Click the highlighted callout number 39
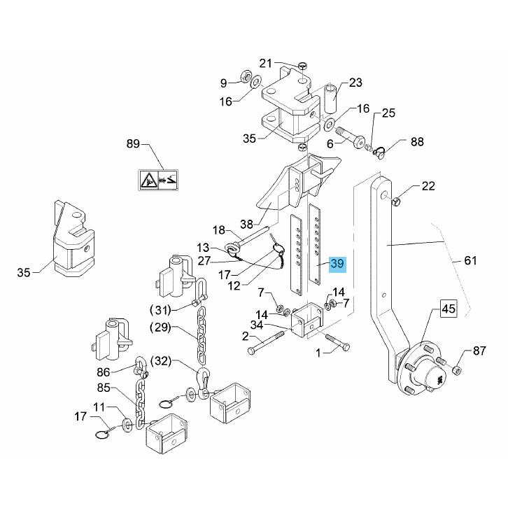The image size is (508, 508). [338, 264]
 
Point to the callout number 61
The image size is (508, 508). [470, 261]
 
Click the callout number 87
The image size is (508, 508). [479, 351]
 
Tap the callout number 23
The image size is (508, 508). [355, 83]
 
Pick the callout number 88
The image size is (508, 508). [417, 142]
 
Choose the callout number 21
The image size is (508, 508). [266, 64]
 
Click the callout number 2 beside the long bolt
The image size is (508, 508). [246, 336]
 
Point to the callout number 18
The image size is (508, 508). [219, 230]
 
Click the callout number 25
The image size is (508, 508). [388, 113]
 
